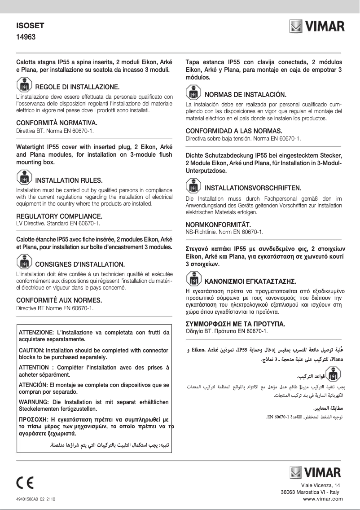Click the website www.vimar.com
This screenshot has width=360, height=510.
click(323, 498)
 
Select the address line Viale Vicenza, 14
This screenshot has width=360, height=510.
click(320, 485)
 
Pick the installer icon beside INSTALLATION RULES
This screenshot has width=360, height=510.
click(24, 179)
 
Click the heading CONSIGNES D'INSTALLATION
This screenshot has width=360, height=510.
click(79, 264)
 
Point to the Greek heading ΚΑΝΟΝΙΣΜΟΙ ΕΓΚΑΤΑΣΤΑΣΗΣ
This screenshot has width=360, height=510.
click(250, 282)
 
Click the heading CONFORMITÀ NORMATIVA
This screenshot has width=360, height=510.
click(57, 123)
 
